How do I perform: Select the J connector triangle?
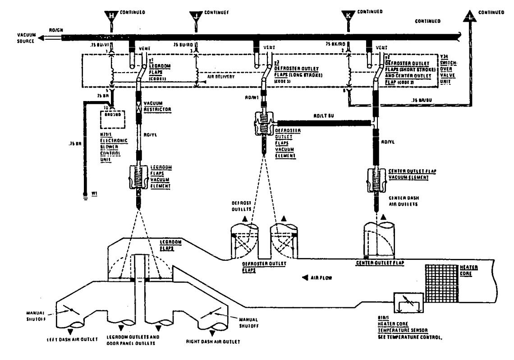[x=196, y=16]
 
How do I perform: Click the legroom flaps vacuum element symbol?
[x=138, y=179]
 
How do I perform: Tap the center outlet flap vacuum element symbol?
[x=375, y=180]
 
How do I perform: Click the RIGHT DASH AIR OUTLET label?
[x=213, y=342]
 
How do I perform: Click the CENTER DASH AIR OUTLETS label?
[x=402, y=200]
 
